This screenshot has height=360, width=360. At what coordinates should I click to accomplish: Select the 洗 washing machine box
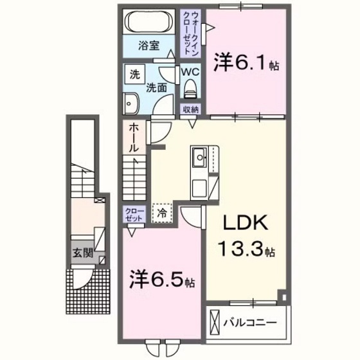point(134,74)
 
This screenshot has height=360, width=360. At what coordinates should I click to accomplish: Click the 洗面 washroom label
point(154,86)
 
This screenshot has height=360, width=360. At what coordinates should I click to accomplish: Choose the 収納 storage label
point(190,110)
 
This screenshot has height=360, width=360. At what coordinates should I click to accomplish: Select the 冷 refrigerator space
point(162,212)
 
